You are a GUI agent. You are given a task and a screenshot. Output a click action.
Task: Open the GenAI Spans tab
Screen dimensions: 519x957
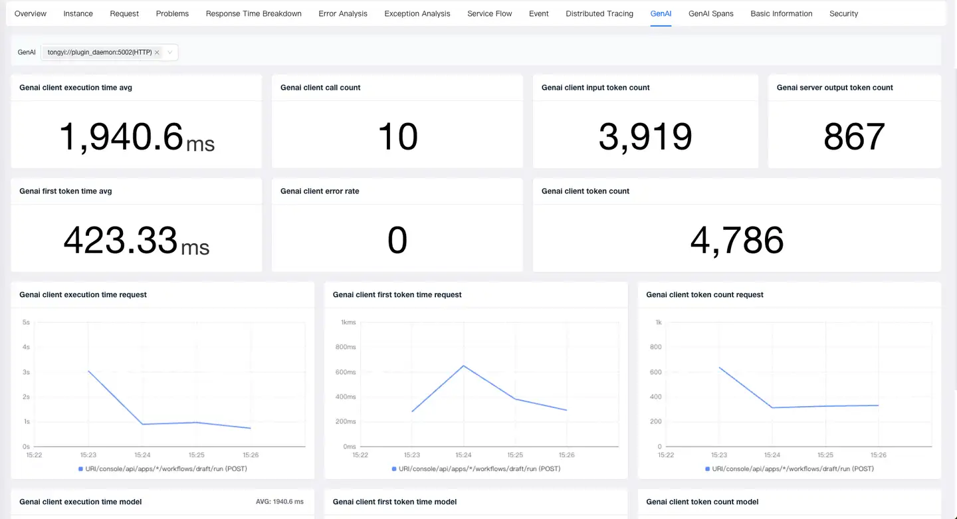click(710, 13)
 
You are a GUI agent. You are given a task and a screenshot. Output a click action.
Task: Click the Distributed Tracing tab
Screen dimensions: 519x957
click(599, 13)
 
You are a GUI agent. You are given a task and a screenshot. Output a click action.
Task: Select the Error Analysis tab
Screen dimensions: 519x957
click(343, 13)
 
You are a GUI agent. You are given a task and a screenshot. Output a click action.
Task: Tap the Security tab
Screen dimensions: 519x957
click(843, 13)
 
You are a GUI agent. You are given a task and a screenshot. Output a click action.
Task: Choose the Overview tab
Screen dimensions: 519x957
click(31, 13)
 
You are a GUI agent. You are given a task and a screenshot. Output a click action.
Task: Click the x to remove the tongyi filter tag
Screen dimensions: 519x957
click(157, 52)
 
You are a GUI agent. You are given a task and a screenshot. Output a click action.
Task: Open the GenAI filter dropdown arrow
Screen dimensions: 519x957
click(170, 52)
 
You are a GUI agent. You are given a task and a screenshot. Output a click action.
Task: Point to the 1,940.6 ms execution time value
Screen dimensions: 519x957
click(136, 137)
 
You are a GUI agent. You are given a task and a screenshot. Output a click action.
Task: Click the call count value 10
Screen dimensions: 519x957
click(397, 137)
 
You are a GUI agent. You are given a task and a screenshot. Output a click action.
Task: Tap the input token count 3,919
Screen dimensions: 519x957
click(645, 137)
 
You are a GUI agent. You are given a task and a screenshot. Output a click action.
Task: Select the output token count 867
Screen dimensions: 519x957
click(854, 137)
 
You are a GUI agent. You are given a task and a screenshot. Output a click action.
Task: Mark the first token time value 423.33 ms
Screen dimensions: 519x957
click(136, 241)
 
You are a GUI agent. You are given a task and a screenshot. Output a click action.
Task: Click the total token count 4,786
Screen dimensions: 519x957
click(736, 241)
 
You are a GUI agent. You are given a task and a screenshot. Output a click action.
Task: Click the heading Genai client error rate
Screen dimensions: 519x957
click(320, 191)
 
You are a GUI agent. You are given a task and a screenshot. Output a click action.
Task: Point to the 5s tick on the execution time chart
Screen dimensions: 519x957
click(26, 322)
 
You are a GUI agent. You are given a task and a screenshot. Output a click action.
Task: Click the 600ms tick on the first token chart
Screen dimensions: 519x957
click(346, 372)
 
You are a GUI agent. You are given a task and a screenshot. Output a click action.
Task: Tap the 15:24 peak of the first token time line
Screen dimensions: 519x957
click(463, 365)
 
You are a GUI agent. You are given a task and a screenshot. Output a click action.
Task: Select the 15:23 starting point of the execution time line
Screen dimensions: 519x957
click(88, 371)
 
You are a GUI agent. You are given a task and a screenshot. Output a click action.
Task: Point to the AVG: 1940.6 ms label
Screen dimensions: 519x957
click(279, 502)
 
